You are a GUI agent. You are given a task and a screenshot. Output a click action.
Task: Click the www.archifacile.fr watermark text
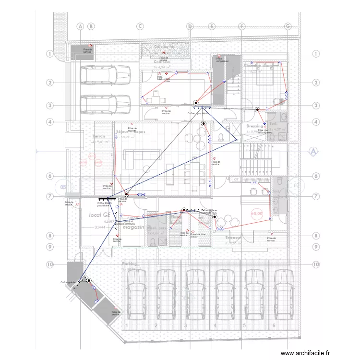click(x=305, y=353)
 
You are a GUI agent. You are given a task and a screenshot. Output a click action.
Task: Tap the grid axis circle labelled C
click(x=140, y=26)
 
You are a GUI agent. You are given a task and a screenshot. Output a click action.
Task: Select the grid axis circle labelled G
click(x=288, y=26)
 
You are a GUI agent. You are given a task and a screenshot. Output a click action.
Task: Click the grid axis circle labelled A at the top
click(x=80, y=26)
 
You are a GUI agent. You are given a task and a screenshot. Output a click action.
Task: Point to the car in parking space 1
click(x=135, y=295)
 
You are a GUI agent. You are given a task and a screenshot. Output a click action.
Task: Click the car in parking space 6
click(x=283, y=295)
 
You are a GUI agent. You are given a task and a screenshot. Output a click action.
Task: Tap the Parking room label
click(x=130, y=264)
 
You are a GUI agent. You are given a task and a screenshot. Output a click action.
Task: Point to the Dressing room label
click(x=255, y=126)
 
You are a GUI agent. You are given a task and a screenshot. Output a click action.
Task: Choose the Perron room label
click(x=99, y=136)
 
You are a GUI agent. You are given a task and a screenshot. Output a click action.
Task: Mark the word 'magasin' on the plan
click(x=133, y=228)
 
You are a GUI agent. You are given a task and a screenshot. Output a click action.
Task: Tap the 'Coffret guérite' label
click(x=68, y=282)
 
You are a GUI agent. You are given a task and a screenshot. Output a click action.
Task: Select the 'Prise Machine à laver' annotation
click(x=198, y=235)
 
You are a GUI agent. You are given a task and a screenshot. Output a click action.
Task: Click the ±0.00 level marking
click(x=257, y=213)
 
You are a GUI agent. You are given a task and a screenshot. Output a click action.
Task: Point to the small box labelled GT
click(x=236, y=179)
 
